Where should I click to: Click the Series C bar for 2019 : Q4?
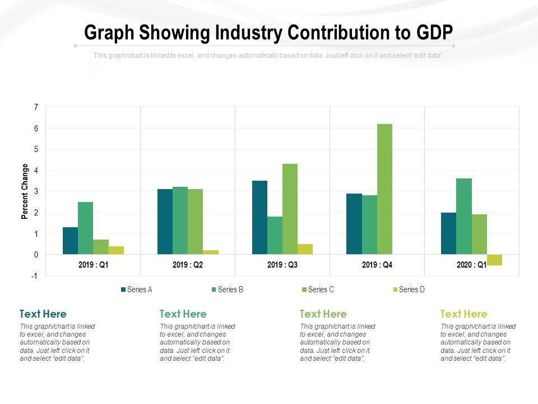click(384, 189)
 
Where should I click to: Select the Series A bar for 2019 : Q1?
click(70, 241)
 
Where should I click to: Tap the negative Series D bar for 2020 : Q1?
click(494, 260)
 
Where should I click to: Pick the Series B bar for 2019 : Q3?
click(275, 236)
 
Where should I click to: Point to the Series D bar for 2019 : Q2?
click(211, 252)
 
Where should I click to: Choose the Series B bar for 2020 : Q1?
click(464, 217)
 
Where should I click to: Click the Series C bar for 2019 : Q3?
click(290, 209)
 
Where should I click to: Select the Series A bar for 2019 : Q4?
click(354, 224)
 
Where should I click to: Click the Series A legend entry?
click(137, 290)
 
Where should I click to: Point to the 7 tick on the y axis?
click(36, 107)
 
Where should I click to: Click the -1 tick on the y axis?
click(35, 276)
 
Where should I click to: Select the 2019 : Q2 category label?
click(188, 264)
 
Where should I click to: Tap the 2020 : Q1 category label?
click(471, 264)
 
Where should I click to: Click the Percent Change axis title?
click(25, 191)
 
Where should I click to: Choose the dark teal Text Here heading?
click(43, 314)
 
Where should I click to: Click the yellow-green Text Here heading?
click(464, 314)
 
